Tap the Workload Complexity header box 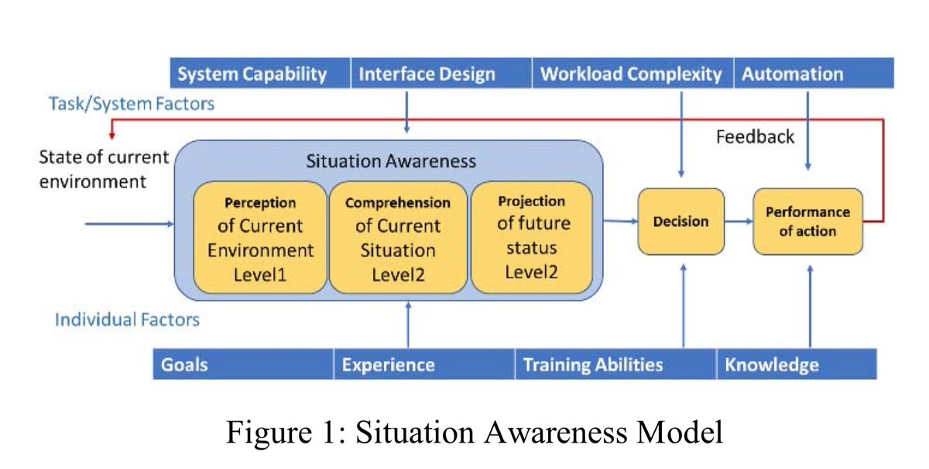pyautogui.click(x=631, y=74)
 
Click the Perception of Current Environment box pyautogui.click(x=260, y=237)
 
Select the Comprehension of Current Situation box pyautogui.click(x=398, y=237)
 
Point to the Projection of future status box pyautogui.click(x=531, y=237)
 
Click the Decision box pyautogui.click(x=681, y=222)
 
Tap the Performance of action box pyautogui.click(x=807, y=222)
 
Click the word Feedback pyautogui.click(x=755, y=137)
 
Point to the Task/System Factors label pyautogui.click(x=132, y=103)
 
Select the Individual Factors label pyautogui.click(x=127, y=319)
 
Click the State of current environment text pyautogui.click(x=104, y=169)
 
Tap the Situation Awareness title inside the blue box pyautogui.click(x=391, y=161)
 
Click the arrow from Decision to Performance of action pyautogui.click(x=739, y=222)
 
